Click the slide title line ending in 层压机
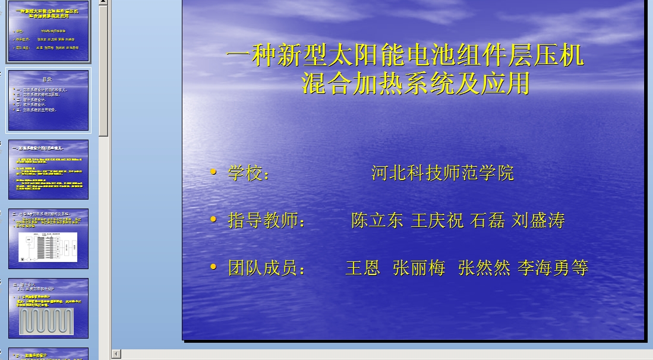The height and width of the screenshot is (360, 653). (x=405, y=56)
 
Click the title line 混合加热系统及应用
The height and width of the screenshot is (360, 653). (x=415, y=84)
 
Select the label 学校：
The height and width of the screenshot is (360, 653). (x=249, y=173)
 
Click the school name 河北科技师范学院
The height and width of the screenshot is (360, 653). (x=443, y=173)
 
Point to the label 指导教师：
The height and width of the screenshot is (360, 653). (x=267, y=220)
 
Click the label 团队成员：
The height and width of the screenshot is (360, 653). (x=267, y=268)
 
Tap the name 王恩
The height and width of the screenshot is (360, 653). (x=363, y=268)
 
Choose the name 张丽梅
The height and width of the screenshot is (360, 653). (x=419, y=268)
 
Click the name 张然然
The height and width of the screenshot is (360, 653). (x=484, y=268)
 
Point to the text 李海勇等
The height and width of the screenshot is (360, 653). (x=553, y=268)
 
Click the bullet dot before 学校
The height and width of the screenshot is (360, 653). (x=213, y=172)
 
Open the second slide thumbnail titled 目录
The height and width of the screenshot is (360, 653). (x=48, y=100)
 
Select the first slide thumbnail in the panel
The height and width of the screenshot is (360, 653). (x=48, y=33)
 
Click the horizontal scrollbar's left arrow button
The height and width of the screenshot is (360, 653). (x=116, y=354)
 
